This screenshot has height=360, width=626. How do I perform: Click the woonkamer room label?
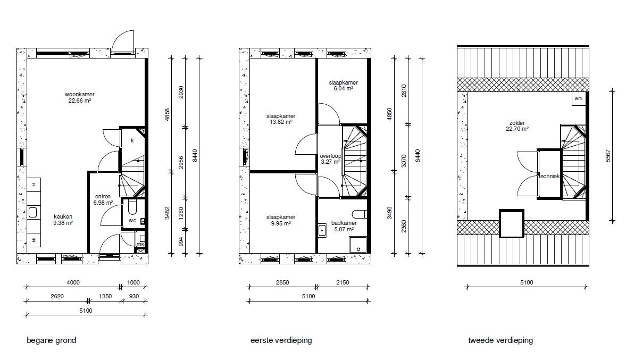click(79, 97)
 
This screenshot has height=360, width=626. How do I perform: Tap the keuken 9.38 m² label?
click(63, 220)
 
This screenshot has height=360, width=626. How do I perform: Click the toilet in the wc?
click(132, 207)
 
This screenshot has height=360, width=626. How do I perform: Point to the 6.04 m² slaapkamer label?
click(344, 86)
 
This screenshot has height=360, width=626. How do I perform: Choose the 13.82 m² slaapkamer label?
click(281, 119)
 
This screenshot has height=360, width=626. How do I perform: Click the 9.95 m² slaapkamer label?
click(281, 220)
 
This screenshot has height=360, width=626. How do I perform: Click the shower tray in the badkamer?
click(358, 245)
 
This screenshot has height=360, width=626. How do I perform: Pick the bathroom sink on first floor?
click(322, 230)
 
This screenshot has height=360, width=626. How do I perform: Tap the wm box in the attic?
click(578, 98)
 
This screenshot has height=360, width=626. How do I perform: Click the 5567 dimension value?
click(608, 155)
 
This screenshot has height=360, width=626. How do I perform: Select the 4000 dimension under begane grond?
click(73, 282)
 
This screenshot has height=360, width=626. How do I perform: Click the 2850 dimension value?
click(282, 282)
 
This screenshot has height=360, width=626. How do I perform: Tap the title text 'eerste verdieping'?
click(281, 340)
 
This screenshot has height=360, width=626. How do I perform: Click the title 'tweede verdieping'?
click(500, 340)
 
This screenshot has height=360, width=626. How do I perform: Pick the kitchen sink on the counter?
click(33, 212)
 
